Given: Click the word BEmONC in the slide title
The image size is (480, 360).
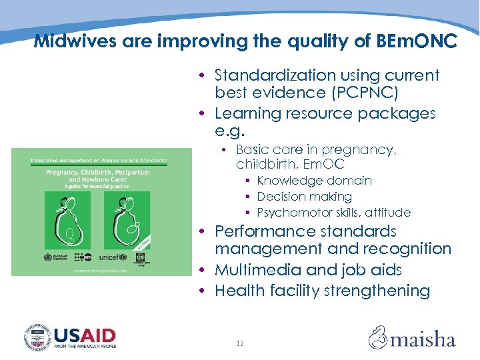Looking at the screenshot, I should click(x=414, y=41).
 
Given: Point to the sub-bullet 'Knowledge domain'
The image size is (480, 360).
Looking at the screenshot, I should click(x=314, y=181).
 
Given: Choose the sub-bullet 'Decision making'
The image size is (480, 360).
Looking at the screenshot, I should click(x=304, y=197).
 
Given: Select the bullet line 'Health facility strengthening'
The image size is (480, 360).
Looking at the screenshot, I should click(x=322, y=291).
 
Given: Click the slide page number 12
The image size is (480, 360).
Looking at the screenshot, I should click(x=240, y=343).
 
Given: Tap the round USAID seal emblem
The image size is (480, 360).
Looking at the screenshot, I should click(x=37, y=337).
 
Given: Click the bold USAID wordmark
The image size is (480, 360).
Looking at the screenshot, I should click(x=85, y=334).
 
